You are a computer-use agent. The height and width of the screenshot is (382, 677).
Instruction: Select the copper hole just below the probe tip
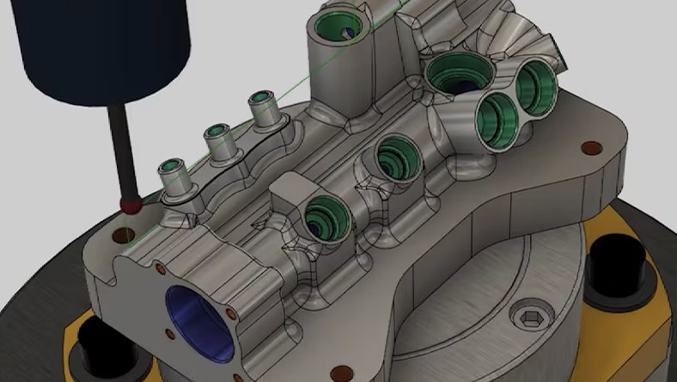pos(120,232)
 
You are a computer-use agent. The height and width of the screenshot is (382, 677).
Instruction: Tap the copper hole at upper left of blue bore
pos(160,269)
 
